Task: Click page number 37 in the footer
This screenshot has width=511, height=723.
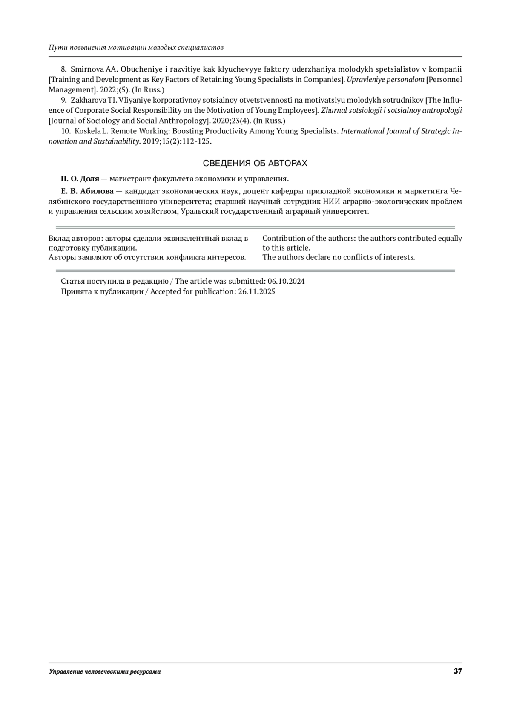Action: (x=458, y=671)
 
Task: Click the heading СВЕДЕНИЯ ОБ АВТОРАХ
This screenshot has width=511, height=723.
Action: (x=255, y=164)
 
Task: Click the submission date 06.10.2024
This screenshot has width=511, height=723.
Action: (x=286, y=282)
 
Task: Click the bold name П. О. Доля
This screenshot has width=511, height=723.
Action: (x=80, y=179)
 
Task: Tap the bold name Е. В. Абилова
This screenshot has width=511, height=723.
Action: (x=87, y=191)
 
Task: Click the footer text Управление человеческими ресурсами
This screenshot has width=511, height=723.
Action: (x=105, y=672)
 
